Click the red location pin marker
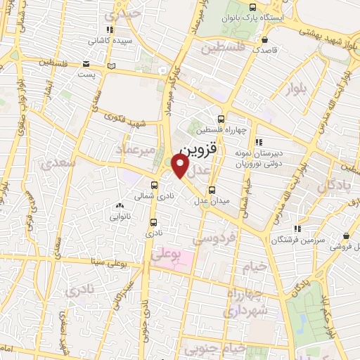181,166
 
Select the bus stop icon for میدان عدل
212,190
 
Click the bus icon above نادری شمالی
153,185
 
